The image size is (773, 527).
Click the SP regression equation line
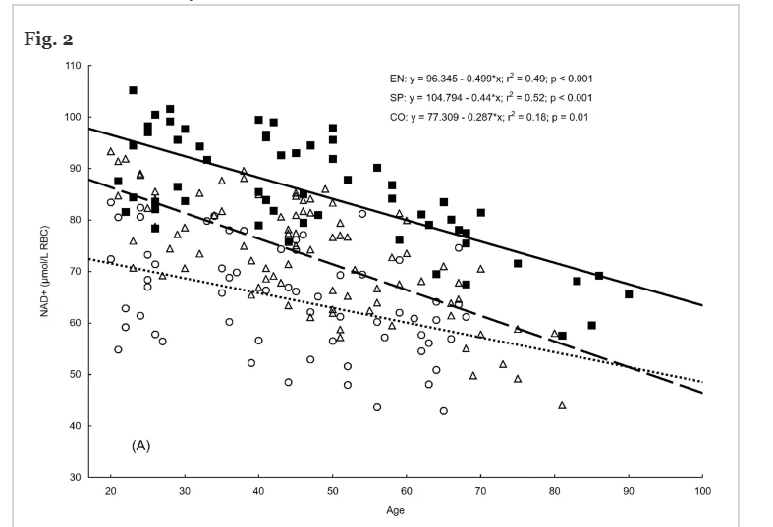(x=490, y=98)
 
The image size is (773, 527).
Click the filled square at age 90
(x=629, y=294)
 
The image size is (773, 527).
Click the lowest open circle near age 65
(x=443, y=411)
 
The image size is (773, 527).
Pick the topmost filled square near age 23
(x=133, y=90)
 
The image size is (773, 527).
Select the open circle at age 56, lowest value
(x=376, y=407)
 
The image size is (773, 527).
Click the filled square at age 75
(x=518, y=263)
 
